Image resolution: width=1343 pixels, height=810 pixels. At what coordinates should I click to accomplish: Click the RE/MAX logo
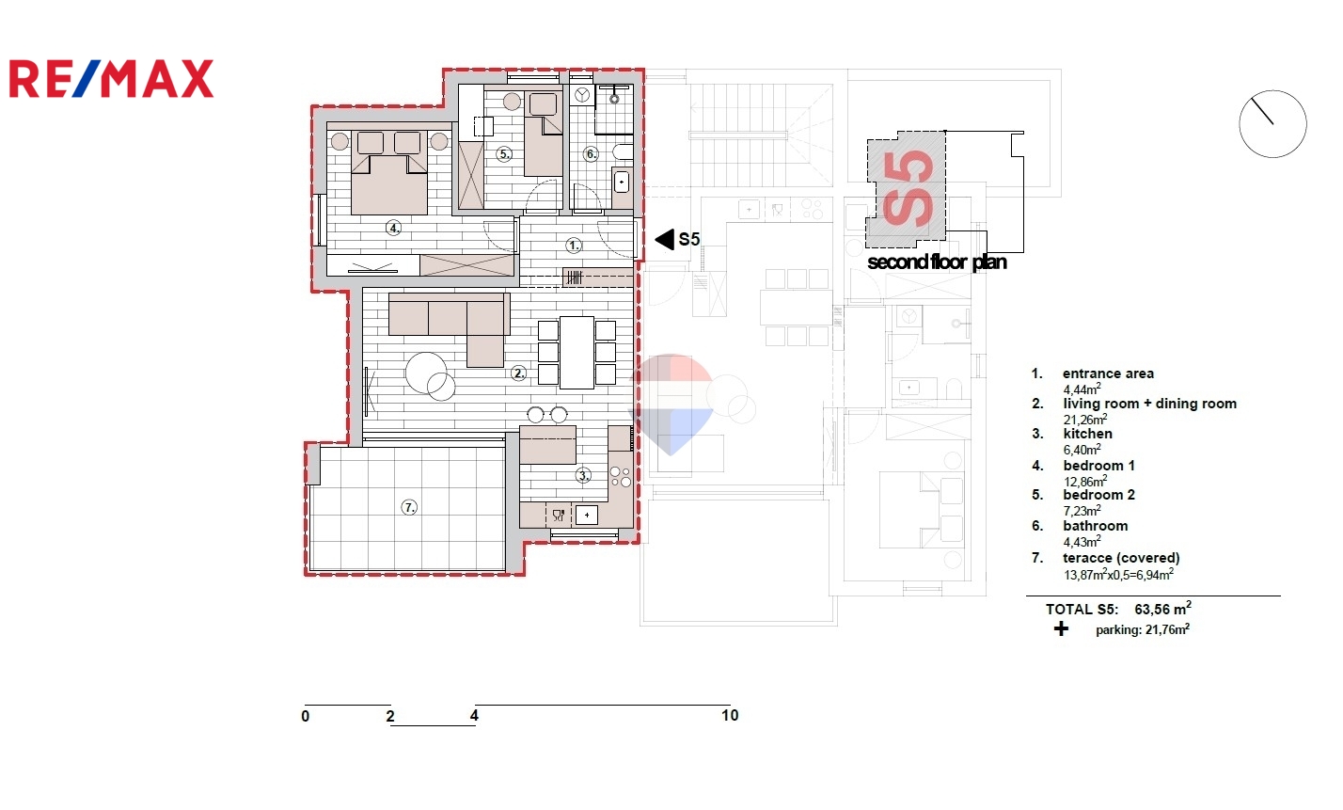pos(112,78)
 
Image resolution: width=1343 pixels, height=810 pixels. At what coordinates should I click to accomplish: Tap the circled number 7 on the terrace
pos(409,508)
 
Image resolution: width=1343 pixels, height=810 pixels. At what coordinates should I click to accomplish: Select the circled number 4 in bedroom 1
pos(393,229)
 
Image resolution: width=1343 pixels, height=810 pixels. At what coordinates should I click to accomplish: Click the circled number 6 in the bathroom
pos(592,154)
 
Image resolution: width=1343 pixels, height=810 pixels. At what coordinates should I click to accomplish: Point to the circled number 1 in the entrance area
pos(574,246)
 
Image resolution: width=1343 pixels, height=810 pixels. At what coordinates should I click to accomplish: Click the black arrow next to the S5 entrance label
pos(664,240)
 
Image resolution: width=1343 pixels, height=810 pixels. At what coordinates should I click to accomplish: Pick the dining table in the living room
pos(577,353)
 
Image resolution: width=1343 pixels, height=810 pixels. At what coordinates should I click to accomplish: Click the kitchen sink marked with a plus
pos(586,515)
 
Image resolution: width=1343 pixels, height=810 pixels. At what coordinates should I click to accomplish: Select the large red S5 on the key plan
pos(908,189)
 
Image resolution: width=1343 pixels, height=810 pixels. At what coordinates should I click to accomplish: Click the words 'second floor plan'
pos(937,262)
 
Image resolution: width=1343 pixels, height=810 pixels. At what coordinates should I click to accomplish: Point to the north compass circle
pos(1272,124)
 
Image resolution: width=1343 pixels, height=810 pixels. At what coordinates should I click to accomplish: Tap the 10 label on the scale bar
pos(730,715)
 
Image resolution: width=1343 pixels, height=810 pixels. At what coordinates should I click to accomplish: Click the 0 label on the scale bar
pos(305,716)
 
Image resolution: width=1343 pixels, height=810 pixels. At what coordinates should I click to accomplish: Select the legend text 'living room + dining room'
pos(1150,404)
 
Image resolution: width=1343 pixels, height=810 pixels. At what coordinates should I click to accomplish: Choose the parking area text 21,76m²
pos(1167,629)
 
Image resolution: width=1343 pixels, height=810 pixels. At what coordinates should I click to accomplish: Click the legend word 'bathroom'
pos(1096,526)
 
